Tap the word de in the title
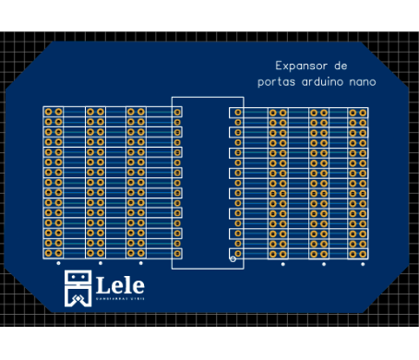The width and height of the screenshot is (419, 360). [x=340, y=66]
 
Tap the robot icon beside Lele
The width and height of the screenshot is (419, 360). [x=78, y=289]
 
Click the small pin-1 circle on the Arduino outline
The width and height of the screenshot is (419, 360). [x=233, y=258]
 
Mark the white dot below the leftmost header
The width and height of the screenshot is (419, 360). [x=58, y=263]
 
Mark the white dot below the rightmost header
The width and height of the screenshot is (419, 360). [x=363, y=264]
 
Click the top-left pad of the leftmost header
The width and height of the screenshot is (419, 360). [x=48, y=112]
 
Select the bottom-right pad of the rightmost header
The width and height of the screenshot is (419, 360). [x=363, y=253]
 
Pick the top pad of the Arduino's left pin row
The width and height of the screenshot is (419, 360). [x=177, y=112]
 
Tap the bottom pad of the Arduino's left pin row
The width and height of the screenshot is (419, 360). [x=177, y=253]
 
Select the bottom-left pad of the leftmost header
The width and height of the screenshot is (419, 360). [x=48, y=253]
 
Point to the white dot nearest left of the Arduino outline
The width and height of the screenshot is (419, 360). [x=140, y=263]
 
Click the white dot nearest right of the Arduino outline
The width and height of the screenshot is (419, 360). [x=283, y=264]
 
